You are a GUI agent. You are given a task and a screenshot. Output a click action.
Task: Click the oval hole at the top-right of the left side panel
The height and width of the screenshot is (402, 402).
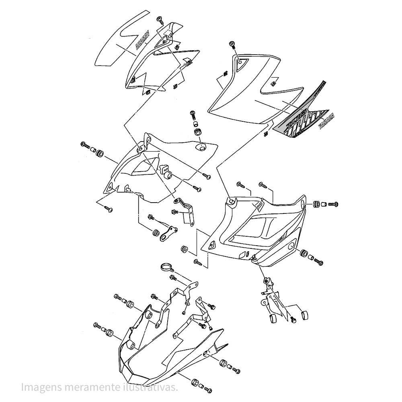[x=201, y=148]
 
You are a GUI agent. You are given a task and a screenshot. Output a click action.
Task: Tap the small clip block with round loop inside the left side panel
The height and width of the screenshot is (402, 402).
[x=166, y=171]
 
